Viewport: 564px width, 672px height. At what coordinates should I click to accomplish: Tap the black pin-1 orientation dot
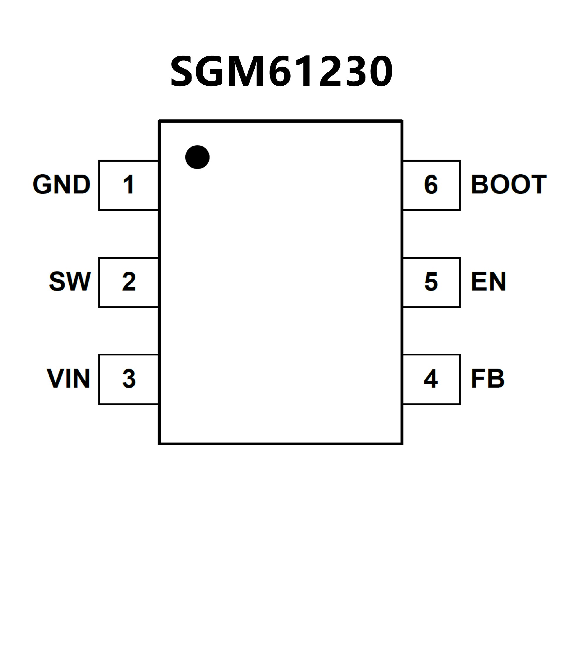point(197,157)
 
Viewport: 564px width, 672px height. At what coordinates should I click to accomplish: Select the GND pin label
point(61,184)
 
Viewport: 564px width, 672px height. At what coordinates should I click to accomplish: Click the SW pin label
point(70,282)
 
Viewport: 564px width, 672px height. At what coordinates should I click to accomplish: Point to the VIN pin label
point(68,379)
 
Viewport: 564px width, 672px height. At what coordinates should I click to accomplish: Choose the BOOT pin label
point(508,184)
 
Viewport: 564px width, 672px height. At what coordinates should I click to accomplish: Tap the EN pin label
point(489,282)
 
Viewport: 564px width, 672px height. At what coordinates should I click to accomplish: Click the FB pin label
point(488,379)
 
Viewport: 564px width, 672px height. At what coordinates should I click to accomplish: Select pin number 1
point(128,184)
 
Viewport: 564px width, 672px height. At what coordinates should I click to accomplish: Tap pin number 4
point(431,379)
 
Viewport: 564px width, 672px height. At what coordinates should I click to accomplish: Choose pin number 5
point(431,282)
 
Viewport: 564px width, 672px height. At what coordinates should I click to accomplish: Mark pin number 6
point(431,184)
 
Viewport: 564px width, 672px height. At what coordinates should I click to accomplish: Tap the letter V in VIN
point(55,379)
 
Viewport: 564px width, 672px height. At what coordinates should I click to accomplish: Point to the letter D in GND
point(81,184)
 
